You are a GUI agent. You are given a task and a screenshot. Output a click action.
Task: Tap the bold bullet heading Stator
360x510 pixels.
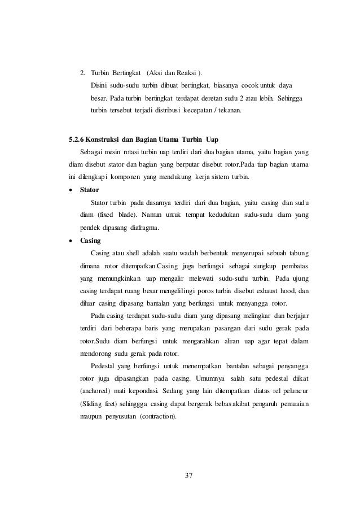pos(90,190)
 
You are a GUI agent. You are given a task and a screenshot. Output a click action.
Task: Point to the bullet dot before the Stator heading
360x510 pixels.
pos(71,190)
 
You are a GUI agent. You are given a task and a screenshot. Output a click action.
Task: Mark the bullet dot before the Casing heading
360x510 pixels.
pos(71,239)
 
